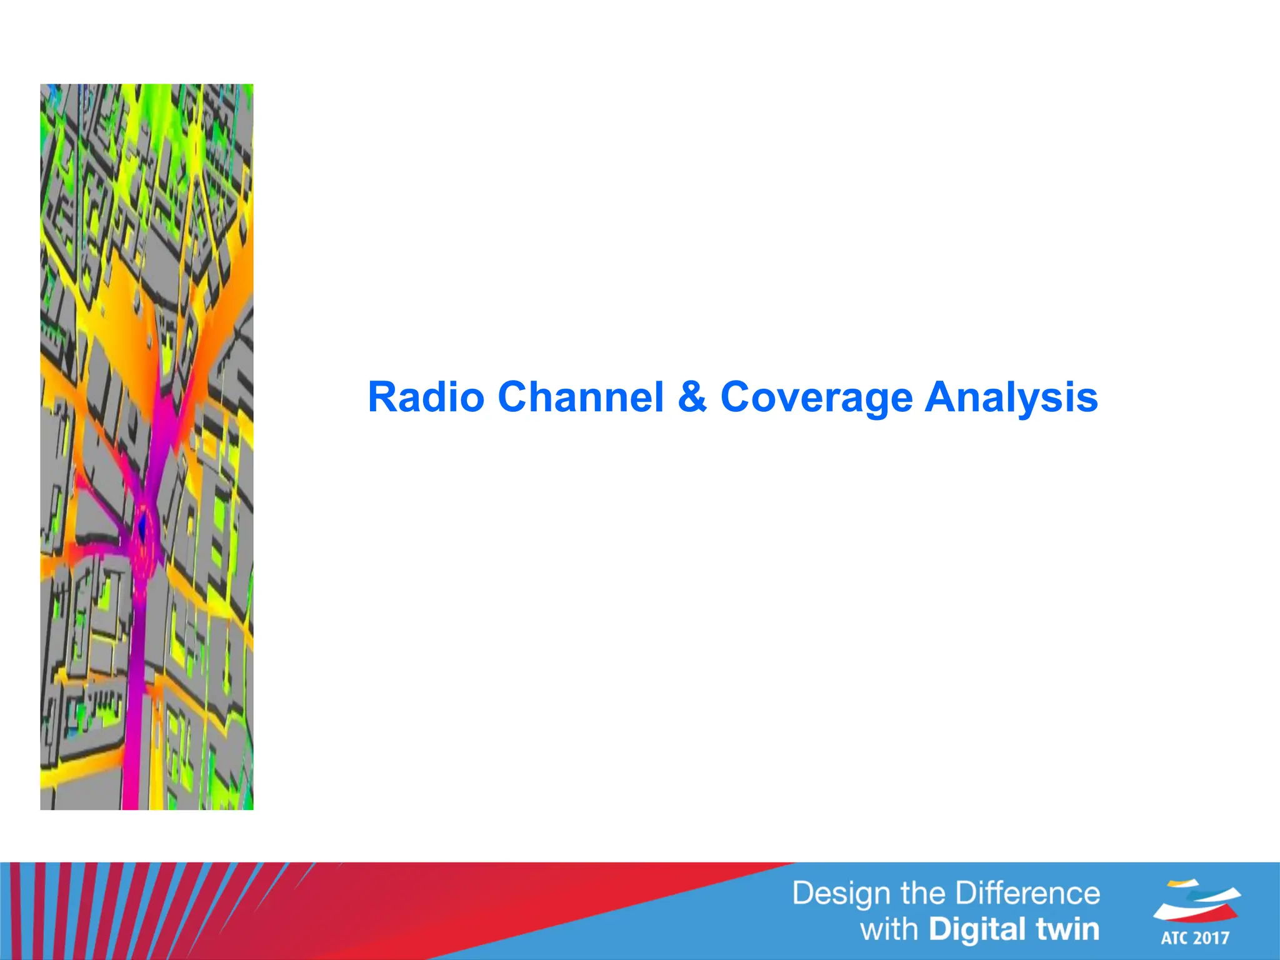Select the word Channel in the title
pos(580,397)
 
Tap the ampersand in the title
pos(692,397)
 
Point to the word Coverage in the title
pos(816,397)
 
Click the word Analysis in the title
pos(1011,397)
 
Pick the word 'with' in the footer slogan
pos(889,929)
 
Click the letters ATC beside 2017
pos(1176,938)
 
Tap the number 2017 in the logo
pos(1211,938)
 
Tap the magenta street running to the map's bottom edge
pos(134,750)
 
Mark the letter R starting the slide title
pos(382,397)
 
